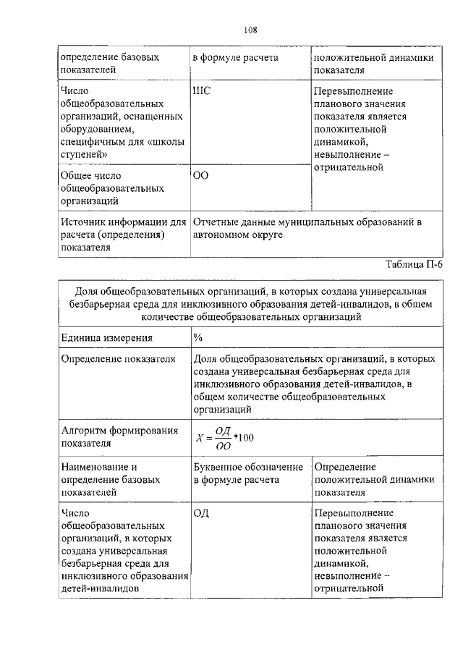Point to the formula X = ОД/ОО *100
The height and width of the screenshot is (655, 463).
[225, 439]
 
